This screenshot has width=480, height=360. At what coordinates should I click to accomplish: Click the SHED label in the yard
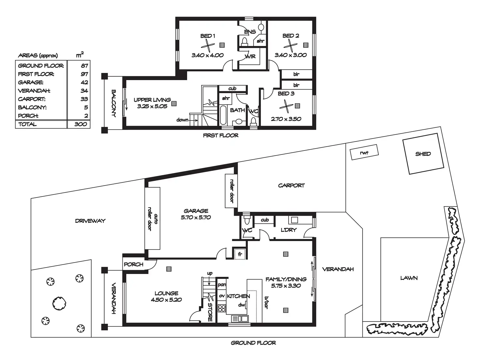pyautogui.click(x=423, y=154)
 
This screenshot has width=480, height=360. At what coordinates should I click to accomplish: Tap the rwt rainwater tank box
pyautogui.click(x=364, y=152)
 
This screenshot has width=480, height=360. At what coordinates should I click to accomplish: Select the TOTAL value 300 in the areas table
pyautogui.click(x=81, y=124)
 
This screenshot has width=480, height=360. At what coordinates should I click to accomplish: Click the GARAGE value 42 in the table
pyautogui.click(x=84, y=82)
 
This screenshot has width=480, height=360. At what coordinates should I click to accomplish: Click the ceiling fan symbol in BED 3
pyautogui.click(x=286, y=106)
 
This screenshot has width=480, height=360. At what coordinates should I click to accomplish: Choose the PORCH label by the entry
pyautogui.click(x=133, y=264)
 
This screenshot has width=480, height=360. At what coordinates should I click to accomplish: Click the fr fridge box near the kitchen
pyautogui.click(x=240, y=253)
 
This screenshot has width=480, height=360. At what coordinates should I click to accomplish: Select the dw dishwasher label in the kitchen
pyautogui.click(x=242, y=305)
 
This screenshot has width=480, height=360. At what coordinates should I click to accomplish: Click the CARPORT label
pyautogui.click(x=291, y=185)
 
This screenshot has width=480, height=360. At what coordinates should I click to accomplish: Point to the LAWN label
pyautogui.click(x=409, y=278)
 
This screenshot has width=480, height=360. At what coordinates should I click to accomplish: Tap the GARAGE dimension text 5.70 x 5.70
pyautogui.click(x=196, y=217)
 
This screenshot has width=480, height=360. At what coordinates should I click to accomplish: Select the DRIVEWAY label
pyautogui.click(x=90, y=221)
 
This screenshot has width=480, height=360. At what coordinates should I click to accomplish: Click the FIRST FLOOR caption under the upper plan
pyautogui.click(x=220, y=135)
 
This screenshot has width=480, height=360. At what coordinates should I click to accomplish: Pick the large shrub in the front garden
pyautogui.click(x=60, y=303)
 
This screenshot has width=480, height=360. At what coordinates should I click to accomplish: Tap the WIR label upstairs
pyautogui.click(x=250, y=57)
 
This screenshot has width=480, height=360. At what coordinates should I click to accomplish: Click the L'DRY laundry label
pyautogui.click(x=289, y=230)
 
